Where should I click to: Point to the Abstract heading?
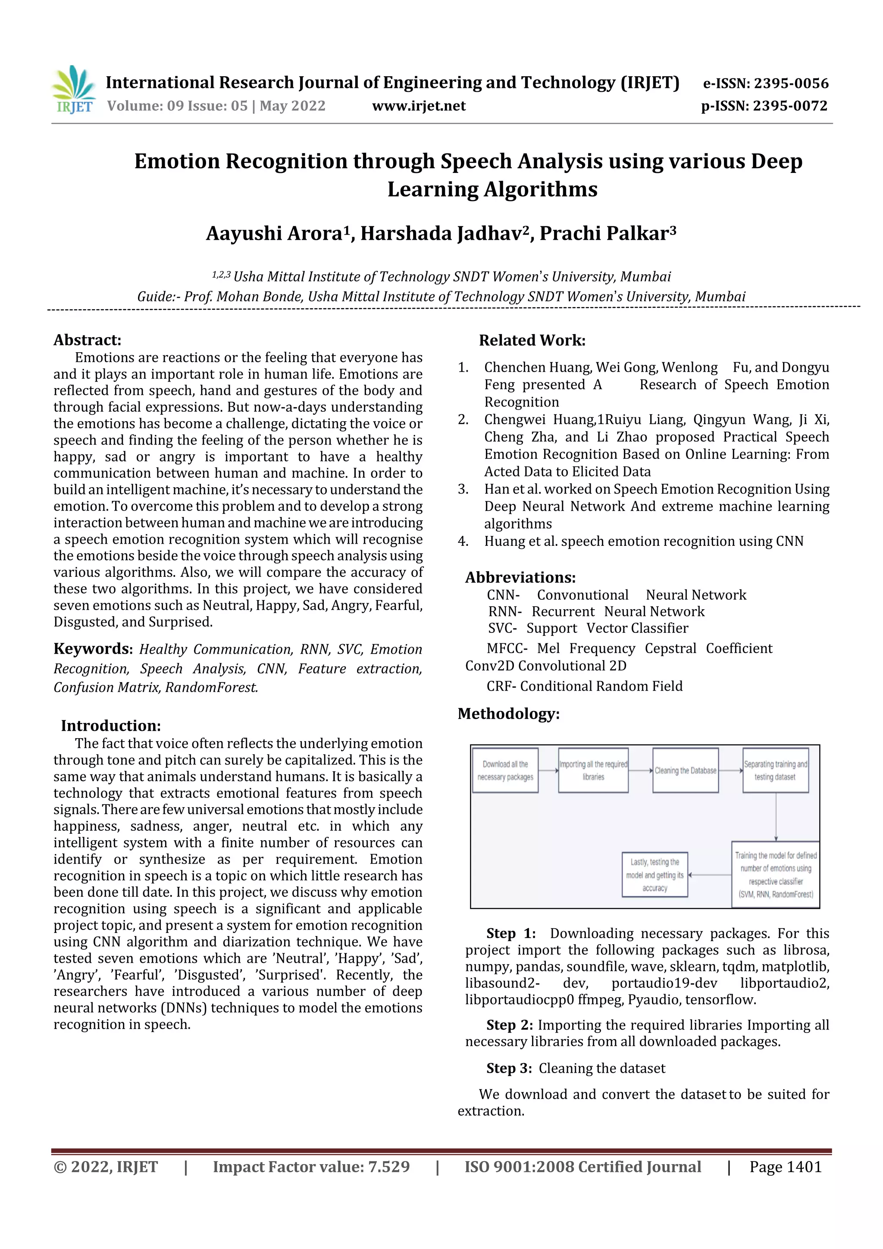coord(87,340)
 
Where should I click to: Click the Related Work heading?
coord(532,341)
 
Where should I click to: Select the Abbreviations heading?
coord(520,577)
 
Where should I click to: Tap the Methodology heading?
coord(508,713)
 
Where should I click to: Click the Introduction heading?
coord(110,725)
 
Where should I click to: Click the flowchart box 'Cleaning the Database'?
coord(685,770)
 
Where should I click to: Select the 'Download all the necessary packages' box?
coord(505,770)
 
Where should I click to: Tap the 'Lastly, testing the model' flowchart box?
coord(654,874)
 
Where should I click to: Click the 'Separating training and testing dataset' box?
coord(775,770)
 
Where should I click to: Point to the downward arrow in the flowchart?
coord(776,816)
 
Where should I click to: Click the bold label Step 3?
coord(509,1068)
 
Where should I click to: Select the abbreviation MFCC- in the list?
coord(507,648)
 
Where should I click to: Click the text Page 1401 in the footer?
coord(785,1166)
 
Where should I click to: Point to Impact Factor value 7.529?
coord(311,1166)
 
